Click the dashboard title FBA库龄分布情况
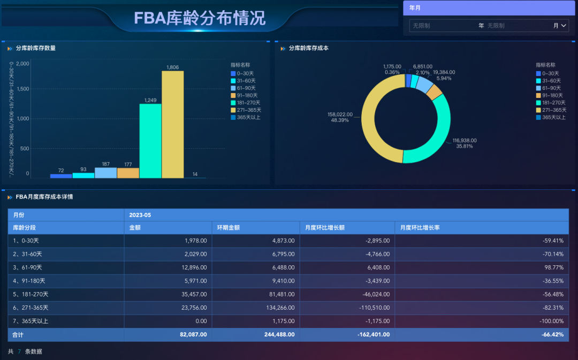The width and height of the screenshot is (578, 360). [200, 18]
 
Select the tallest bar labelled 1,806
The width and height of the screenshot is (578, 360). [172, 124]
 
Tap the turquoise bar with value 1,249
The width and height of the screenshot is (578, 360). [150, 141]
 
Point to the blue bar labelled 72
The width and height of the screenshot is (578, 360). [61, 175]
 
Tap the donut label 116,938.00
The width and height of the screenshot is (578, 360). [464, 141]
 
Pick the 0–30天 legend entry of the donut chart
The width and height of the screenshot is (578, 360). [550, 73]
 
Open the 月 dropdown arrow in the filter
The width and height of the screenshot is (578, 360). [564, 25]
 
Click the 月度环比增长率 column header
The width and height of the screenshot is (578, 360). [417, 228]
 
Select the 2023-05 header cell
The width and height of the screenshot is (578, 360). [140, 215]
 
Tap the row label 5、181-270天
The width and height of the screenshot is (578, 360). [31, 294]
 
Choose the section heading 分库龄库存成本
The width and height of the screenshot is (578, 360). [308, 48]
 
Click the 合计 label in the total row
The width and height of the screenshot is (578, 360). [19, 335]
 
